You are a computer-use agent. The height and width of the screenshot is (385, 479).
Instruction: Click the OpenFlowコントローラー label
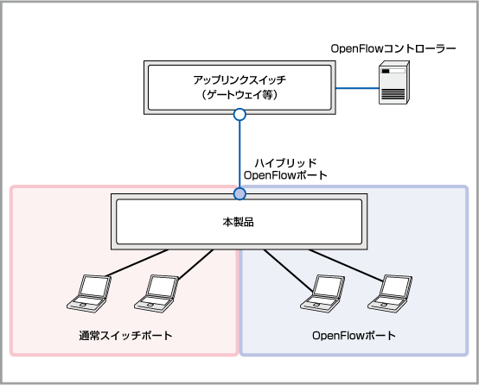pos(393,48)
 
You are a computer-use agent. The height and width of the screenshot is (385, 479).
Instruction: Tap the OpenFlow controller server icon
pos(394,82)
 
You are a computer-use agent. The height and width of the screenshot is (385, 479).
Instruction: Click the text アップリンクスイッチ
pos(239,80)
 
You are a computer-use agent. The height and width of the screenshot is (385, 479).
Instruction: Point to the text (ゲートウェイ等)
pos(239,95)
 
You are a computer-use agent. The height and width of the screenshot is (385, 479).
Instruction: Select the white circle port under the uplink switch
pos(239,115)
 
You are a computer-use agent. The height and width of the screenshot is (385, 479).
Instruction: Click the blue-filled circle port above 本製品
pos(239,193)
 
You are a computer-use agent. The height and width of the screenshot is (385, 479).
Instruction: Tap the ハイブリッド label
pos(285,163)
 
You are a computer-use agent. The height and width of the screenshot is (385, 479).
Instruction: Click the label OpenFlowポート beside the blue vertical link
pos(285,175)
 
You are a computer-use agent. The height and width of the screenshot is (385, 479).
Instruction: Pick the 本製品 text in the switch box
pos(239,222)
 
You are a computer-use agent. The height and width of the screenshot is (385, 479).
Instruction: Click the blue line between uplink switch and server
pos(357,88)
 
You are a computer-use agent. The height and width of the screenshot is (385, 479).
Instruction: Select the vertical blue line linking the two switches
pos(239,154)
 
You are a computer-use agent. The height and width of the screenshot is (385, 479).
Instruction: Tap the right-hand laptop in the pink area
pos(156,293)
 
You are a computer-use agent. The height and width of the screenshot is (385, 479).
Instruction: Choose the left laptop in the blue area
pos(323,293)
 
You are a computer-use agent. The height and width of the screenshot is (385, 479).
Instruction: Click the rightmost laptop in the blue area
pos(390,293)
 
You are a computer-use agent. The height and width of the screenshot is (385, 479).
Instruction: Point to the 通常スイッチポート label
pos(125,336)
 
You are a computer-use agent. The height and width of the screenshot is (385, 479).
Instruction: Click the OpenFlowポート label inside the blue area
pos(354,336)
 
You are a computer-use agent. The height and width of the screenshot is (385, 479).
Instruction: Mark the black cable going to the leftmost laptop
pos(137,262)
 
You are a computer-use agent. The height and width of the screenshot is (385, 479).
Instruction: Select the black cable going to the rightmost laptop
pos(346,265)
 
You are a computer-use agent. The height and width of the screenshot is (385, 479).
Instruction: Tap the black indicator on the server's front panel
pos(386,71)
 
